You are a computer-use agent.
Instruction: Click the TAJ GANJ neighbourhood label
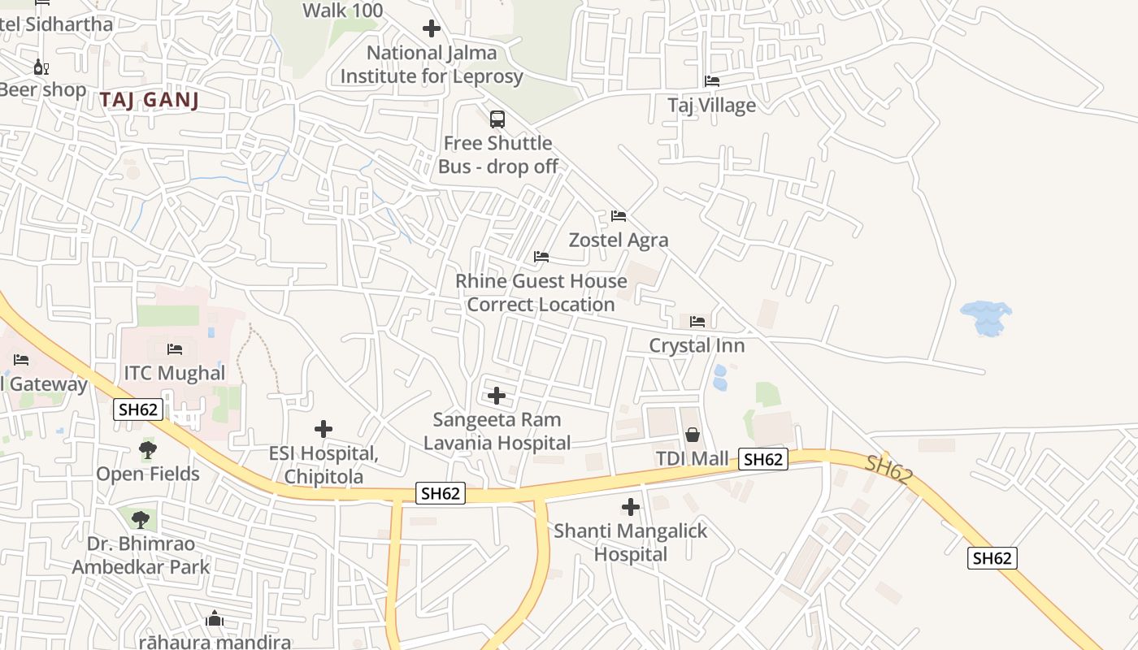pyautogui.click(x=150, y=100)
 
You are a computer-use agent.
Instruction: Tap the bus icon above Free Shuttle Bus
pyautogui.click(x=497, y=119)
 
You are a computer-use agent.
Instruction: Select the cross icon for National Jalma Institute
pyautogui.click(x=432, y=29)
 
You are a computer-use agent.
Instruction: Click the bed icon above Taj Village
pyautogui.click(x=712, y=81)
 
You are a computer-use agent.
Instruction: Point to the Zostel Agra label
pyautogui.click(x=619, y=240)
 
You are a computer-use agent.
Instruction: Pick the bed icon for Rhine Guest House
pyautogui.click(x=541, y=257)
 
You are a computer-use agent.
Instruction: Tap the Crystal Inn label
pyautogui.click(x=697, y=345)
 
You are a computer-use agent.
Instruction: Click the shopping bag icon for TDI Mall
pyautogui.click(x=693, y=435)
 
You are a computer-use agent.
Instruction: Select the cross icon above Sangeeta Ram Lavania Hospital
pyautogui.click(x=497, y=396)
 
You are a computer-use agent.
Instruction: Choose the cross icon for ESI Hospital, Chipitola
pyautogui.click(x=324, y=428)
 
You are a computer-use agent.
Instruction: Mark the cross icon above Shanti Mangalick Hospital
pyautogui.click(x=630, y=508)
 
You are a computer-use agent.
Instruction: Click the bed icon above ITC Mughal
pyautogui.click(x=175, y=349)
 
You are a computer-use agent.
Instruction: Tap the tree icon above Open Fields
pyautogui.click(x=148, y=449)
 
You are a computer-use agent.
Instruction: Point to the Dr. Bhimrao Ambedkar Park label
pyautogui.click(x=141, y=555)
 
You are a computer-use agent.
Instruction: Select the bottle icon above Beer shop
pyautogui.click(x=41, y=67)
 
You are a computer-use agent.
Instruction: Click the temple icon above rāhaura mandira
pyautogui.click(x=215, y=619)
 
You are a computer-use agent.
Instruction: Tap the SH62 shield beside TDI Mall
pyautogui.click(x=763, y=459)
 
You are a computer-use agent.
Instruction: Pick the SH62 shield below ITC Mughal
pyautogui.click(x=138, y=409)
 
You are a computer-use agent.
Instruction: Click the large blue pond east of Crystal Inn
pyautogui.click(x=986, y=318)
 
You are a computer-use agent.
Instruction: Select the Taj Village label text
pyautogui.click(x=711, y=106)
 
